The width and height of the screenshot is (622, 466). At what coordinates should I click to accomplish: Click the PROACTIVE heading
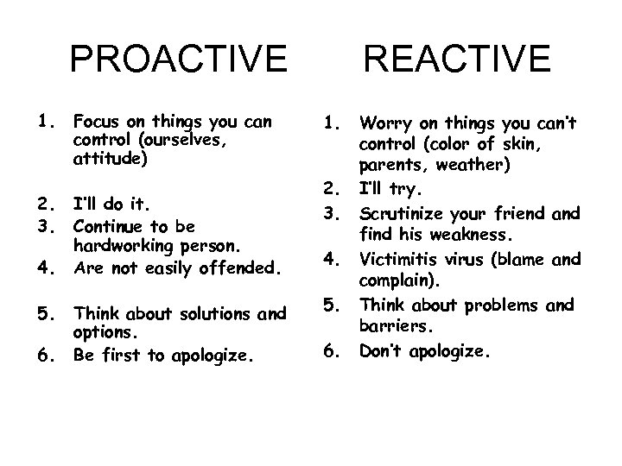tap(179, 60)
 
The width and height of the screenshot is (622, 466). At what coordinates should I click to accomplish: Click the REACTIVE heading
tap(457, 60)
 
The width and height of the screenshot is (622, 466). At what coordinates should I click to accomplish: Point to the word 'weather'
tap(473, 164)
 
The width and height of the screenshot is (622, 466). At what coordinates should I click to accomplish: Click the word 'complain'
tap(397, 280)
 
